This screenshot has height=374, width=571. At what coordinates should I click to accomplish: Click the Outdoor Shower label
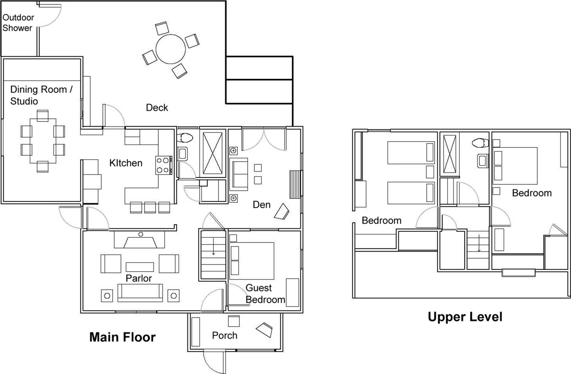[x=18, y=23]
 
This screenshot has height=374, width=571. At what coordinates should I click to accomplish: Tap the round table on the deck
[x=170, y=49]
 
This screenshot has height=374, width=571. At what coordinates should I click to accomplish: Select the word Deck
[x=157, y=108]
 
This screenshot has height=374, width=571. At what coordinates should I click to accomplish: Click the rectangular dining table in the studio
[x=43, y=141]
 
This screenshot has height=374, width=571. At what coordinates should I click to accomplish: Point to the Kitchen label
[x=126, y=163]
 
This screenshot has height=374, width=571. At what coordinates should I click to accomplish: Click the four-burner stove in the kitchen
[x=164, y=165]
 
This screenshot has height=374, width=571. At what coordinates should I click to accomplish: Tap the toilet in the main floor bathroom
[x=186, y=138]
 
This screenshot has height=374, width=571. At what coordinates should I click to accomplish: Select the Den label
[x=262, y=205]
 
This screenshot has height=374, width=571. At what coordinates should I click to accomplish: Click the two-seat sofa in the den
[x=239, y=174]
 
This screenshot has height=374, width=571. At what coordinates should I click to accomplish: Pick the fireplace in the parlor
[x=140, y=239]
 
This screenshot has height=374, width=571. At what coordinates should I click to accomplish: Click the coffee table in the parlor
[x=140, y=267]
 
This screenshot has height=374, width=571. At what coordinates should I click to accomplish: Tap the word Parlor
[x=139, y=278]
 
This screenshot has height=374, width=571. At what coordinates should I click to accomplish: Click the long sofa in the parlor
[x=140, y=293]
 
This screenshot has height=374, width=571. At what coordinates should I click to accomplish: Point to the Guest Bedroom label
[x=265, y=294]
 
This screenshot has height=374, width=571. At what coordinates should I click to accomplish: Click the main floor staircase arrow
[x=213, y=246]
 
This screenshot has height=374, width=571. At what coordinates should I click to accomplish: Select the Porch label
[x=225, y=336]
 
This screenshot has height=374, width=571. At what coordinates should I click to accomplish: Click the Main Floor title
[x=122, y=337]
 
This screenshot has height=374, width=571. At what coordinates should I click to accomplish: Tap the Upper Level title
[x=465, y=317]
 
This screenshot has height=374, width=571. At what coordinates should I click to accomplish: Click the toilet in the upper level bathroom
[x=480, y=143]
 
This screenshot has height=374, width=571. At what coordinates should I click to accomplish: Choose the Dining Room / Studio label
[x=41, y=95]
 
